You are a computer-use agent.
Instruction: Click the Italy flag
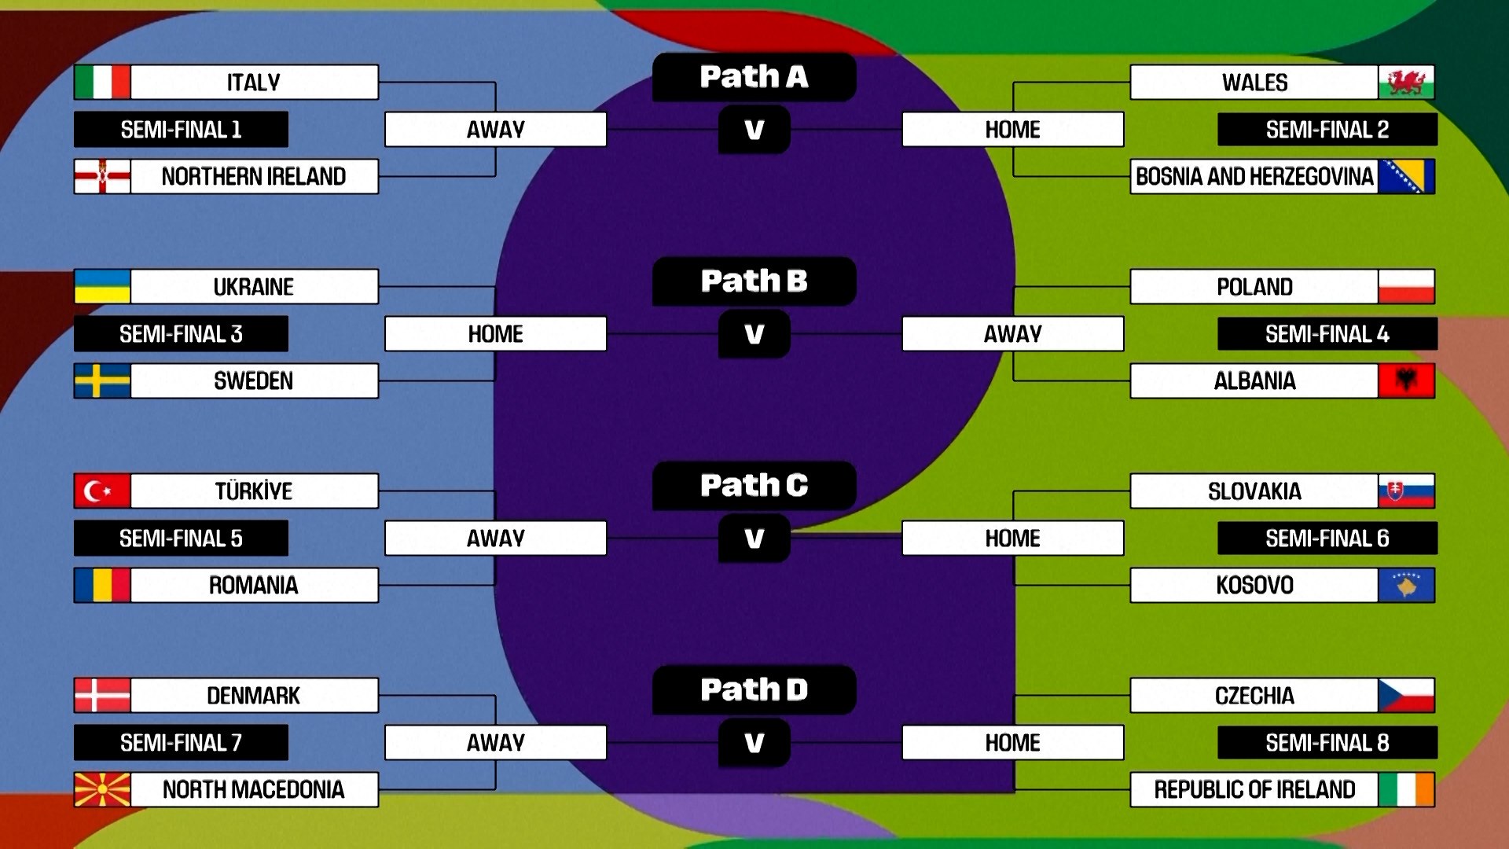pos(102,82)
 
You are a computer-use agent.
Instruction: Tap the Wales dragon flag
pos(1406,82)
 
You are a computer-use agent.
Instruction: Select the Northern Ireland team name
pos(254,176)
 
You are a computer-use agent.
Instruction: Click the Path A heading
pos(754,77)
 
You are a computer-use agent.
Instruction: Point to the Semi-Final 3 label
pos(181,334)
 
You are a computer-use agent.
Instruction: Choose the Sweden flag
pos(102,380)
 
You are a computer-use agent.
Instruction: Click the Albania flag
pos(1406,380)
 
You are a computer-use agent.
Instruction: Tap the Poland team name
pos(1254,286)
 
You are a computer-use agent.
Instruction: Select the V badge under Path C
pos(754,538)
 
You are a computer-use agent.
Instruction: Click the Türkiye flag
pos(102,491)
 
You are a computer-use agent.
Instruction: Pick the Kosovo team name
pos(1254,585)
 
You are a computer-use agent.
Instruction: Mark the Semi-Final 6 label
pos(1327,538)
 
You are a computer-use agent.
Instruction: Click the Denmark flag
pos(102,695)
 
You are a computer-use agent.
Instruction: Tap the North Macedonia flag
pos(102,789)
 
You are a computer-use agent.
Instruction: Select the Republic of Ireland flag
pos(1406,789)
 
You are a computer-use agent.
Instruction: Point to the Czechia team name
pos(1254,695)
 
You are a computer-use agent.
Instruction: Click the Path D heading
pos(754,689)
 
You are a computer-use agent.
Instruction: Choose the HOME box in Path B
pos(495,334)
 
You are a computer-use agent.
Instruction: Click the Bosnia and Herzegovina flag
pos(1406,176)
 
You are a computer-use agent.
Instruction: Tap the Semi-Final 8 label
pos(1327,743)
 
